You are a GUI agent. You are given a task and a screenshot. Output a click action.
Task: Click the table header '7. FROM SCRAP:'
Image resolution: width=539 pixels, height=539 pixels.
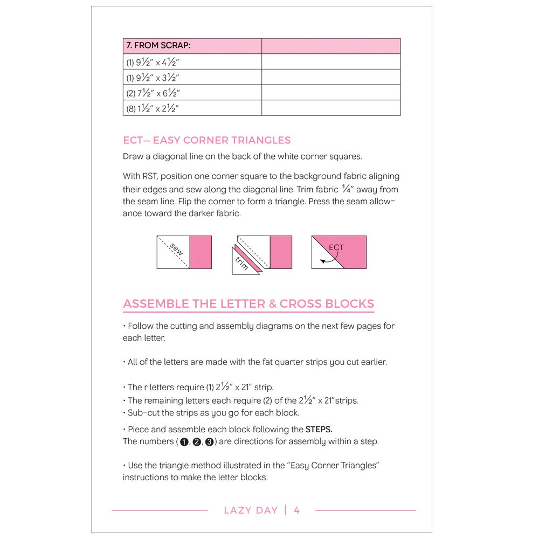[158, 46]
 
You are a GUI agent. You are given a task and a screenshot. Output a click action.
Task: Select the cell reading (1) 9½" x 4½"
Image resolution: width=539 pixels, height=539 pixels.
[153, 61]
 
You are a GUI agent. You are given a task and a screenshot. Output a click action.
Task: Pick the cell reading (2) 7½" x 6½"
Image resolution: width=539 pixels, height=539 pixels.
[153, 93]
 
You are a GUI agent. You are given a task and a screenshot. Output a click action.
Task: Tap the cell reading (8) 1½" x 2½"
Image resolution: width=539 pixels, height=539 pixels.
[153, 108]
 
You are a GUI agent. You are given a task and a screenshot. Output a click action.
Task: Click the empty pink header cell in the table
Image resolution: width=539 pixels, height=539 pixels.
[331, 46]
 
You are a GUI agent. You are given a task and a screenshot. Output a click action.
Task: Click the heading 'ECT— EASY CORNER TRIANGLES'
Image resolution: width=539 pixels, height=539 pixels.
[206, 140]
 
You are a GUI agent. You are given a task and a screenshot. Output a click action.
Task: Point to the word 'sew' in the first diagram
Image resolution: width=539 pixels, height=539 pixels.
[176, 249]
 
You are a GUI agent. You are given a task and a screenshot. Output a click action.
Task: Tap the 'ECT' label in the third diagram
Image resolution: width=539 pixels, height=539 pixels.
[336, 247]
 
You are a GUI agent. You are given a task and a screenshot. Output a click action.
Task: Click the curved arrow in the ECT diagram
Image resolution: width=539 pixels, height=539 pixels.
[329, 258]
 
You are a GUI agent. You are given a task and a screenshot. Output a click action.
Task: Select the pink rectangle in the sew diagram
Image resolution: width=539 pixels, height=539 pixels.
[201, 252]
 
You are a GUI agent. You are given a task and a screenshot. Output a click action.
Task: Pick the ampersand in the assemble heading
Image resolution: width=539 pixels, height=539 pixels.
[272, 303]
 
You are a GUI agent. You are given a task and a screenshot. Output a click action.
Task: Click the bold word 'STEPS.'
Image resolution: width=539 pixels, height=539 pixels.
[319, 430]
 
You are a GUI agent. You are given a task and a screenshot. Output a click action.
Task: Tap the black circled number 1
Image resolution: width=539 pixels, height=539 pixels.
[184, 442]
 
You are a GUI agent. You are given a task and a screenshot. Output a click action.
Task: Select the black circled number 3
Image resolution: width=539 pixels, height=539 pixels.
[210, 442]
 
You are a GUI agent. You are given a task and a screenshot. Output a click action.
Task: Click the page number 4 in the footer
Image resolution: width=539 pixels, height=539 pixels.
[297, 510]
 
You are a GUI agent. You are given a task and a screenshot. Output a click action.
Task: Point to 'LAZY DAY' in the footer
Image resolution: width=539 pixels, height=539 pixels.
[251, 510]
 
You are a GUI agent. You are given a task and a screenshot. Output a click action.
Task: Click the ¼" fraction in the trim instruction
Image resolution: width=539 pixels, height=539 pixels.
[348, 189]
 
